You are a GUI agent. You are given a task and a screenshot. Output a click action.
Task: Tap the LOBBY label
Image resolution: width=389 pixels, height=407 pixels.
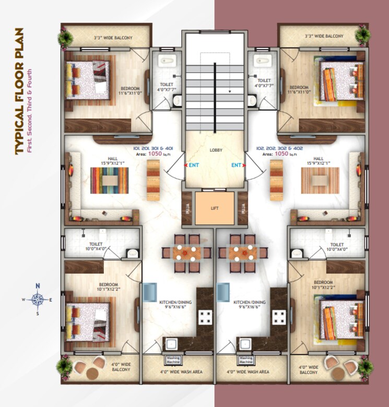pos(216,150)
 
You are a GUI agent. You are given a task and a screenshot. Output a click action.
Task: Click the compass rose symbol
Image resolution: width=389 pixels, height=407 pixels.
pos(38,300)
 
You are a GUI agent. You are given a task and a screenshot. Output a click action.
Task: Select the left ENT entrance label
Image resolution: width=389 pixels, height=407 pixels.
pos(193,165)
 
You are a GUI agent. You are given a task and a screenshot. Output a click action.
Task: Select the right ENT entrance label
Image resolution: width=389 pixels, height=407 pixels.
pos(237,165)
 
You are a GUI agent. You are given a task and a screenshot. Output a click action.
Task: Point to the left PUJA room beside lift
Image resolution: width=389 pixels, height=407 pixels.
pos(187,209)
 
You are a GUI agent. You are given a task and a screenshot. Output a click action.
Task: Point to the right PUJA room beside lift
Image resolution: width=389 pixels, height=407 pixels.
pos(242,209)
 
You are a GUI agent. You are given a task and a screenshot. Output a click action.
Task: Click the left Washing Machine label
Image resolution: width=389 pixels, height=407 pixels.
pos(172,360)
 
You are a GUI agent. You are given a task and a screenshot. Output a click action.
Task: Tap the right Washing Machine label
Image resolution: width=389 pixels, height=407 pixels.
pos(245,360)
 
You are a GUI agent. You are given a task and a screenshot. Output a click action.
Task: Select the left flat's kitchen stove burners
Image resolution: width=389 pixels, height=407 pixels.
pos(205,317)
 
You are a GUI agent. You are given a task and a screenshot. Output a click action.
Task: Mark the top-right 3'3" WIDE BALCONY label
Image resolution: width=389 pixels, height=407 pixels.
pos(324,36)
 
